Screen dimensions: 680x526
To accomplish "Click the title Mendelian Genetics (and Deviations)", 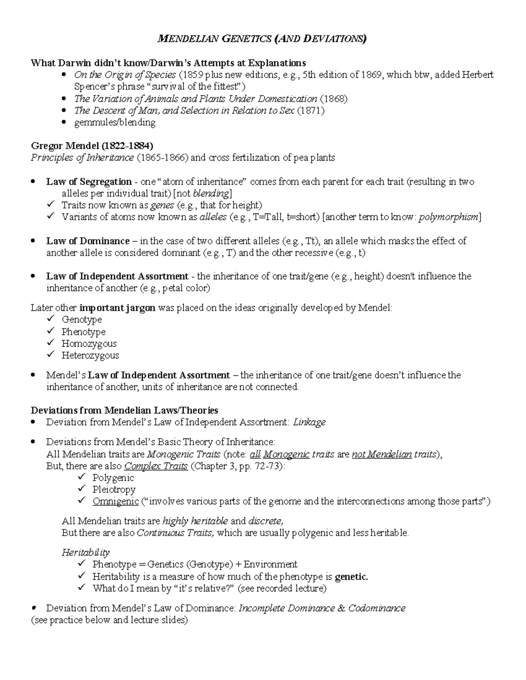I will coord(262,39).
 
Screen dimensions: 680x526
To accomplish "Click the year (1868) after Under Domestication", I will coord(334,99).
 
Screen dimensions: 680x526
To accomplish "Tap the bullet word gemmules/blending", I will coord(115,123).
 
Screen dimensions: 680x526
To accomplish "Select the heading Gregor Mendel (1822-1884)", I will coord(92,146).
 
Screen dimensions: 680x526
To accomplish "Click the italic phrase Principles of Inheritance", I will coord(82,158).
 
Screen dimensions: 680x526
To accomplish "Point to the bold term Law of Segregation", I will coord(89,182).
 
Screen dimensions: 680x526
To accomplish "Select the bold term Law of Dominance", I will coord(88,241).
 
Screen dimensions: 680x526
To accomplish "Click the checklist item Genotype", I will coord(82,320).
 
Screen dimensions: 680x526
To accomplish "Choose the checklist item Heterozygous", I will coord(90,356).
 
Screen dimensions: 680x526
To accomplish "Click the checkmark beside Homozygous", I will coord(51,343).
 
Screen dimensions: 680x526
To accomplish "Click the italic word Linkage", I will coord(309,423).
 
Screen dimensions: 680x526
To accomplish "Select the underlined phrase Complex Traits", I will coord(156,466).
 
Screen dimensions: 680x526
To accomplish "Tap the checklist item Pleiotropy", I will coord(114,490).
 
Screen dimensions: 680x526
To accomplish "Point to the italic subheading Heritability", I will coord(85,553).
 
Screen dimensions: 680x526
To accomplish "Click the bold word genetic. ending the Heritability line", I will coord(351,577).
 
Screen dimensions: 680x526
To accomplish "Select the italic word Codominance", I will coord(377,608).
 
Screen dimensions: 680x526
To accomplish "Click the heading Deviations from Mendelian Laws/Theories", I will coord(124,411).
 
